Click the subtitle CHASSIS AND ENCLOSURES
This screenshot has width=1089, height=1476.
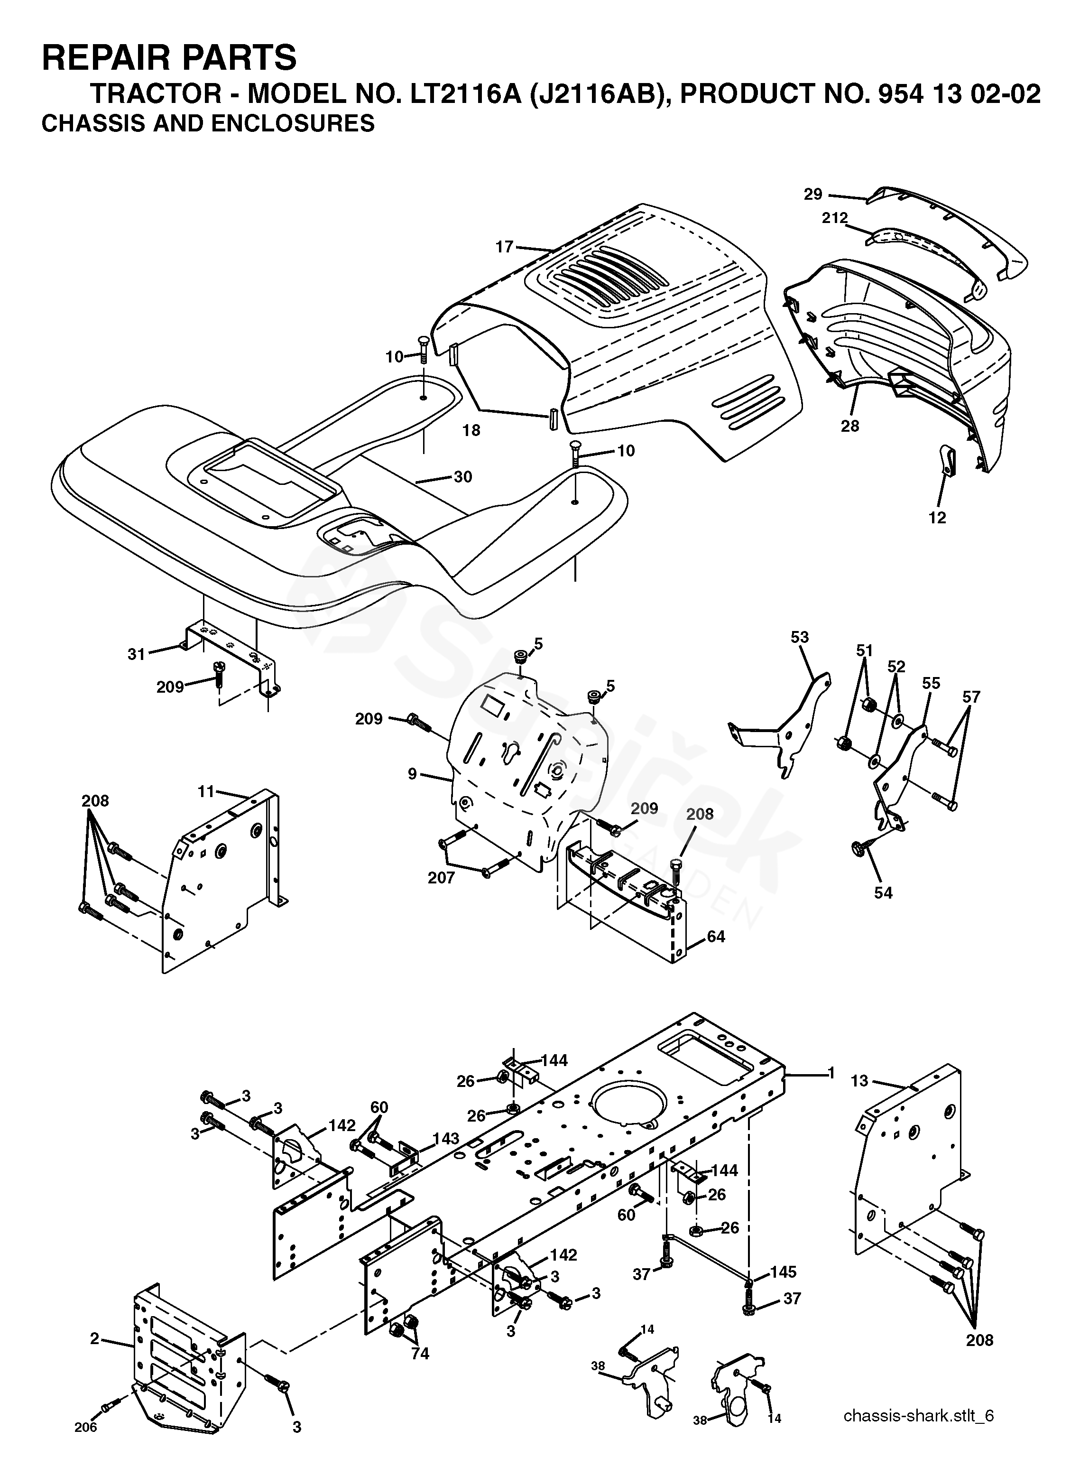208,123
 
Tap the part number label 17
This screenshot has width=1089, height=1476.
504,247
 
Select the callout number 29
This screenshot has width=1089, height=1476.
813,194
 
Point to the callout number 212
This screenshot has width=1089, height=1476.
835,218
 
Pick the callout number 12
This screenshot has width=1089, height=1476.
937,518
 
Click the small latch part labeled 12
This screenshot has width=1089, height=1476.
947,460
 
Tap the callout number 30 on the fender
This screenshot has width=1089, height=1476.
463,476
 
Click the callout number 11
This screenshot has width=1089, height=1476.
206,791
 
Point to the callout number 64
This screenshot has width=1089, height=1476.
715,936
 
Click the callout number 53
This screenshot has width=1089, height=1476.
800,637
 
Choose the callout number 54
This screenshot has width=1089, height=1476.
883,892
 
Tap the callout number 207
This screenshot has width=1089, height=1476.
441,877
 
